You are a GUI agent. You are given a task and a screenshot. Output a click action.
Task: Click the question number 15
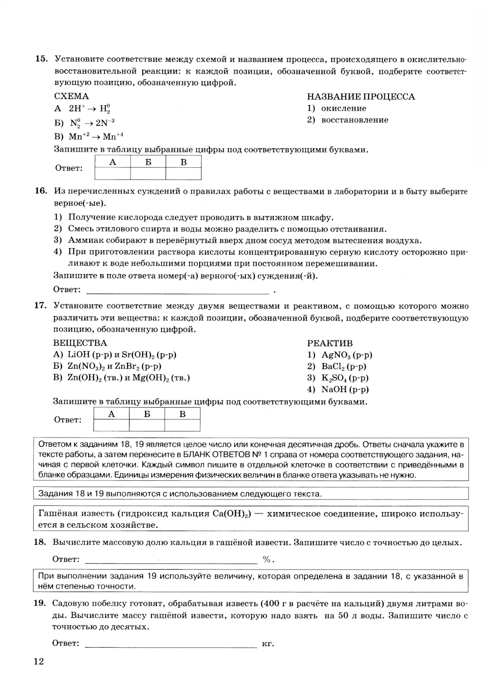pos(41,59)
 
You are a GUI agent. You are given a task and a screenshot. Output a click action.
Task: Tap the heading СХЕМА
pos(71,96)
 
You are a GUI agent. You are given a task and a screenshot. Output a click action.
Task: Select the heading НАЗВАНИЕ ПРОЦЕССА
pos(361,97)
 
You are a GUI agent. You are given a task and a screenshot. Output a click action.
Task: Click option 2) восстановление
pos(348,120)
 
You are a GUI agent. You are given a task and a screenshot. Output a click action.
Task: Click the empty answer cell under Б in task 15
pos(148,174)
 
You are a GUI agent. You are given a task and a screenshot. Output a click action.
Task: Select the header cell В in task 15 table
pos(184,162)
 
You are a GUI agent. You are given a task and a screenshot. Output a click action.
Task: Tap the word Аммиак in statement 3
pos(84,240)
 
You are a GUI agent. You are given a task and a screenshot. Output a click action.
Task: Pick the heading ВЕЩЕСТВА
pos(80,343)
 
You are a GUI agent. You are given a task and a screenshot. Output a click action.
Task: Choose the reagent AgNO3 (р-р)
pos(347,355)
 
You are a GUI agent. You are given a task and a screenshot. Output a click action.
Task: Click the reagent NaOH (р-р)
pos(345,389)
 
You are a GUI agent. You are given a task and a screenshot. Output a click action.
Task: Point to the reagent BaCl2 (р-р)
pos(344,366)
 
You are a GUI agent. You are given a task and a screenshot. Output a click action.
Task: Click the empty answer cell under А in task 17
pos(112,425)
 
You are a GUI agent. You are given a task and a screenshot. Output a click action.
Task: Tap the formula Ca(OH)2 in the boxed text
pos(232,514)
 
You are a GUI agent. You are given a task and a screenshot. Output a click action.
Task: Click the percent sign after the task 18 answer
pos(266,559)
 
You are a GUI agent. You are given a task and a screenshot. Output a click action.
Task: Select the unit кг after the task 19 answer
pos(267,644)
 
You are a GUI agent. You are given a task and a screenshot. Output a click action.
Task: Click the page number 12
pos(38,661)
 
